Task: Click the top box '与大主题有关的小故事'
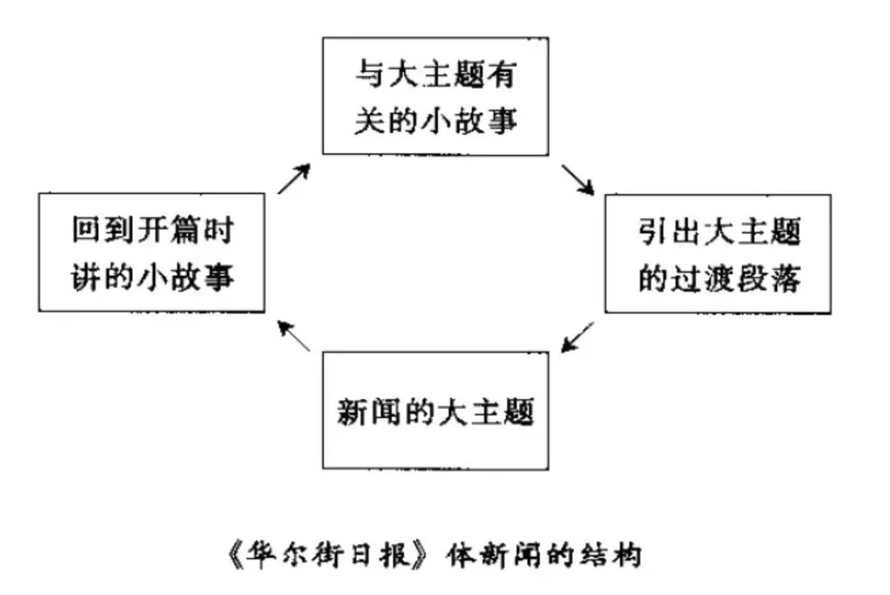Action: (435, 96)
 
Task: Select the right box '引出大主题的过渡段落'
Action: (718, 253)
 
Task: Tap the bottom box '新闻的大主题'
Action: (435, 410)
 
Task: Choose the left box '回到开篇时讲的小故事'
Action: (152, 252)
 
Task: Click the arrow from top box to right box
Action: (578, 180)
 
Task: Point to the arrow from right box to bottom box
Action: (577, 337)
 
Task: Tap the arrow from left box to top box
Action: (294, 178)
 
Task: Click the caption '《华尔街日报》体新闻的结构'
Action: (434, 555)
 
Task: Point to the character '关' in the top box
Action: (370, 120)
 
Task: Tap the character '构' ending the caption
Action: (627, 555)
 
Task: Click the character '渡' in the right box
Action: (719, 278)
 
